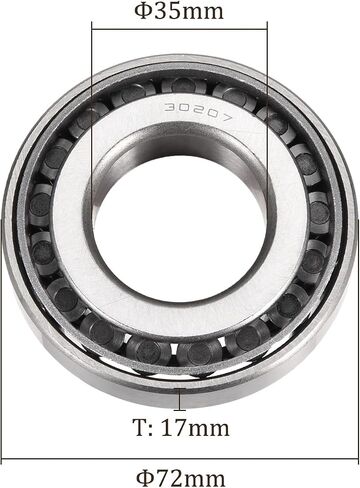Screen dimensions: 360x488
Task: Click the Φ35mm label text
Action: coord(179,11)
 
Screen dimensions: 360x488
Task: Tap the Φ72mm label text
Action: coord(181,478)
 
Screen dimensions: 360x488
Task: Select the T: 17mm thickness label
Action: coord(181,428)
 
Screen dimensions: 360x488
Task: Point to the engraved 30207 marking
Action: coord(198,113)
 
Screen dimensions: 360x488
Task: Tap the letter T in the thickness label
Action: coord(140,428)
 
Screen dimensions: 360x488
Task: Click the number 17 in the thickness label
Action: coord(173,428)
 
